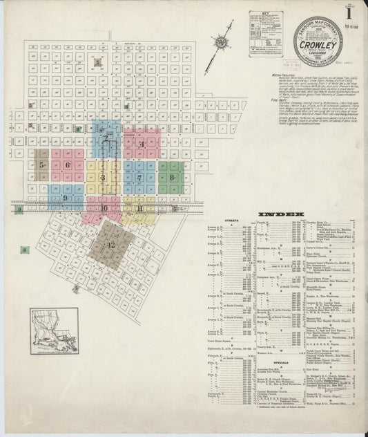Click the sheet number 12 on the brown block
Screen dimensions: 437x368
110,245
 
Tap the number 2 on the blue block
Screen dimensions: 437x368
106,138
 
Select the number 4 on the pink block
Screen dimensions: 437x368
141,144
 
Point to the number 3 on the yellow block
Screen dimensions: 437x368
101,178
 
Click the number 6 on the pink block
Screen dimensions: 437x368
68,165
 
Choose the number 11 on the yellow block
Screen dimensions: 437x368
139,207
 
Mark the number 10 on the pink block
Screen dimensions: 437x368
104,207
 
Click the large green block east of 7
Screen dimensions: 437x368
171,177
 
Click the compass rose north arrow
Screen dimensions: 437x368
222,43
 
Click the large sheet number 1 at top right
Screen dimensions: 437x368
351,13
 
